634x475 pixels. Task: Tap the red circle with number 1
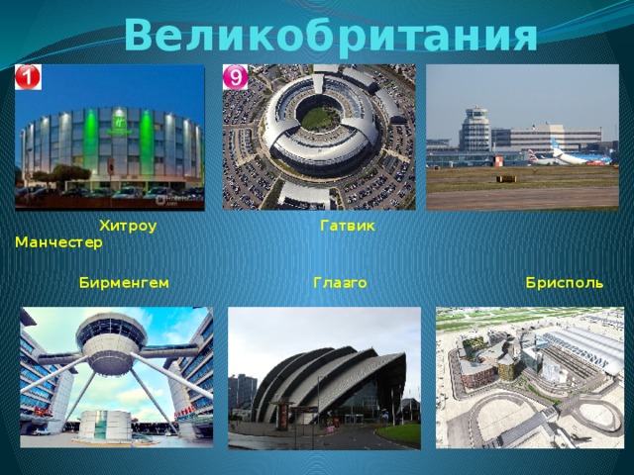coord(28,77)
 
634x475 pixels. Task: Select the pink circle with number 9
coord(236,76)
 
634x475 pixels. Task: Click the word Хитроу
coord(128,227)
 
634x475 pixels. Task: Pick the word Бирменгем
coord(124,282)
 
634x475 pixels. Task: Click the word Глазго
coord(340,282)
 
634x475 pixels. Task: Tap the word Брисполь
coord(565,282)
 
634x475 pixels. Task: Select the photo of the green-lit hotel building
coord(109,137)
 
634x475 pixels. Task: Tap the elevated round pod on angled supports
coord(111,341)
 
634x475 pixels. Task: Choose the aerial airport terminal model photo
coord(530,376)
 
